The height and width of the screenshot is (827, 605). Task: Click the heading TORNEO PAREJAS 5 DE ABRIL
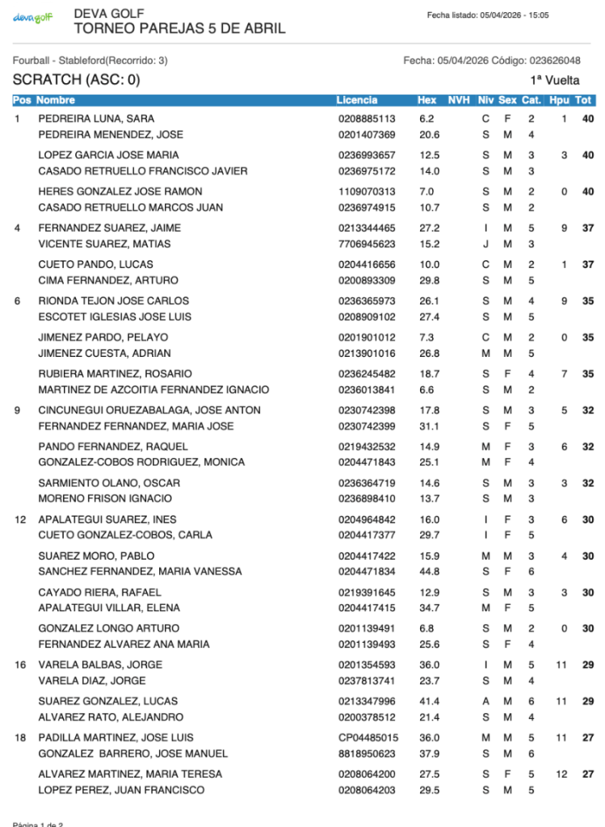[x=179, y=29]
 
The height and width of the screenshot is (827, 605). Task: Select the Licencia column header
[x=356, y=100]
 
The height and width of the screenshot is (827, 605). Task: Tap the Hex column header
[x=426, y=100]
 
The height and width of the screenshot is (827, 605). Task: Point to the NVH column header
[x=459, y=100]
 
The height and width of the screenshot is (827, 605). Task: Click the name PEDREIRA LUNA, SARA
[x=96, y=119]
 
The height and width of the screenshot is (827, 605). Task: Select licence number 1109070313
[x=367, y=191]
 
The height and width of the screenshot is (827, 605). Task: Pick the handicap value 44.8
[x=429, y=571]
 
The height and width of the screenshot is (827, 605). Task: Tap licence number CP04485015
[x=368, y=737]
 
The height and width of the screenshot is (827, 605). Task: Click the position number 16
[x=20, y=665]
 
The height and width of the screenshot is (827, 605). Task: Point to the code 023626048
[x=554, y=61]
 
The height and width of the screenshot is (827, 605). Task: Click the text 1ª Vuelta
[x=555, y=80]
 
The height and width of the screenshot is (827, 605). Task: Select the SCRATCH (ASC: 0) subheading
[x=76, y=80]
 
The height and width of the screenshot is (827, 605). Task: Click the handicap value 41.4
[x=429, y=701]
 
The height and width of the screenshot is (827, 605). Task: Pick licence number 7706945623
[x=367, y=244]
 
